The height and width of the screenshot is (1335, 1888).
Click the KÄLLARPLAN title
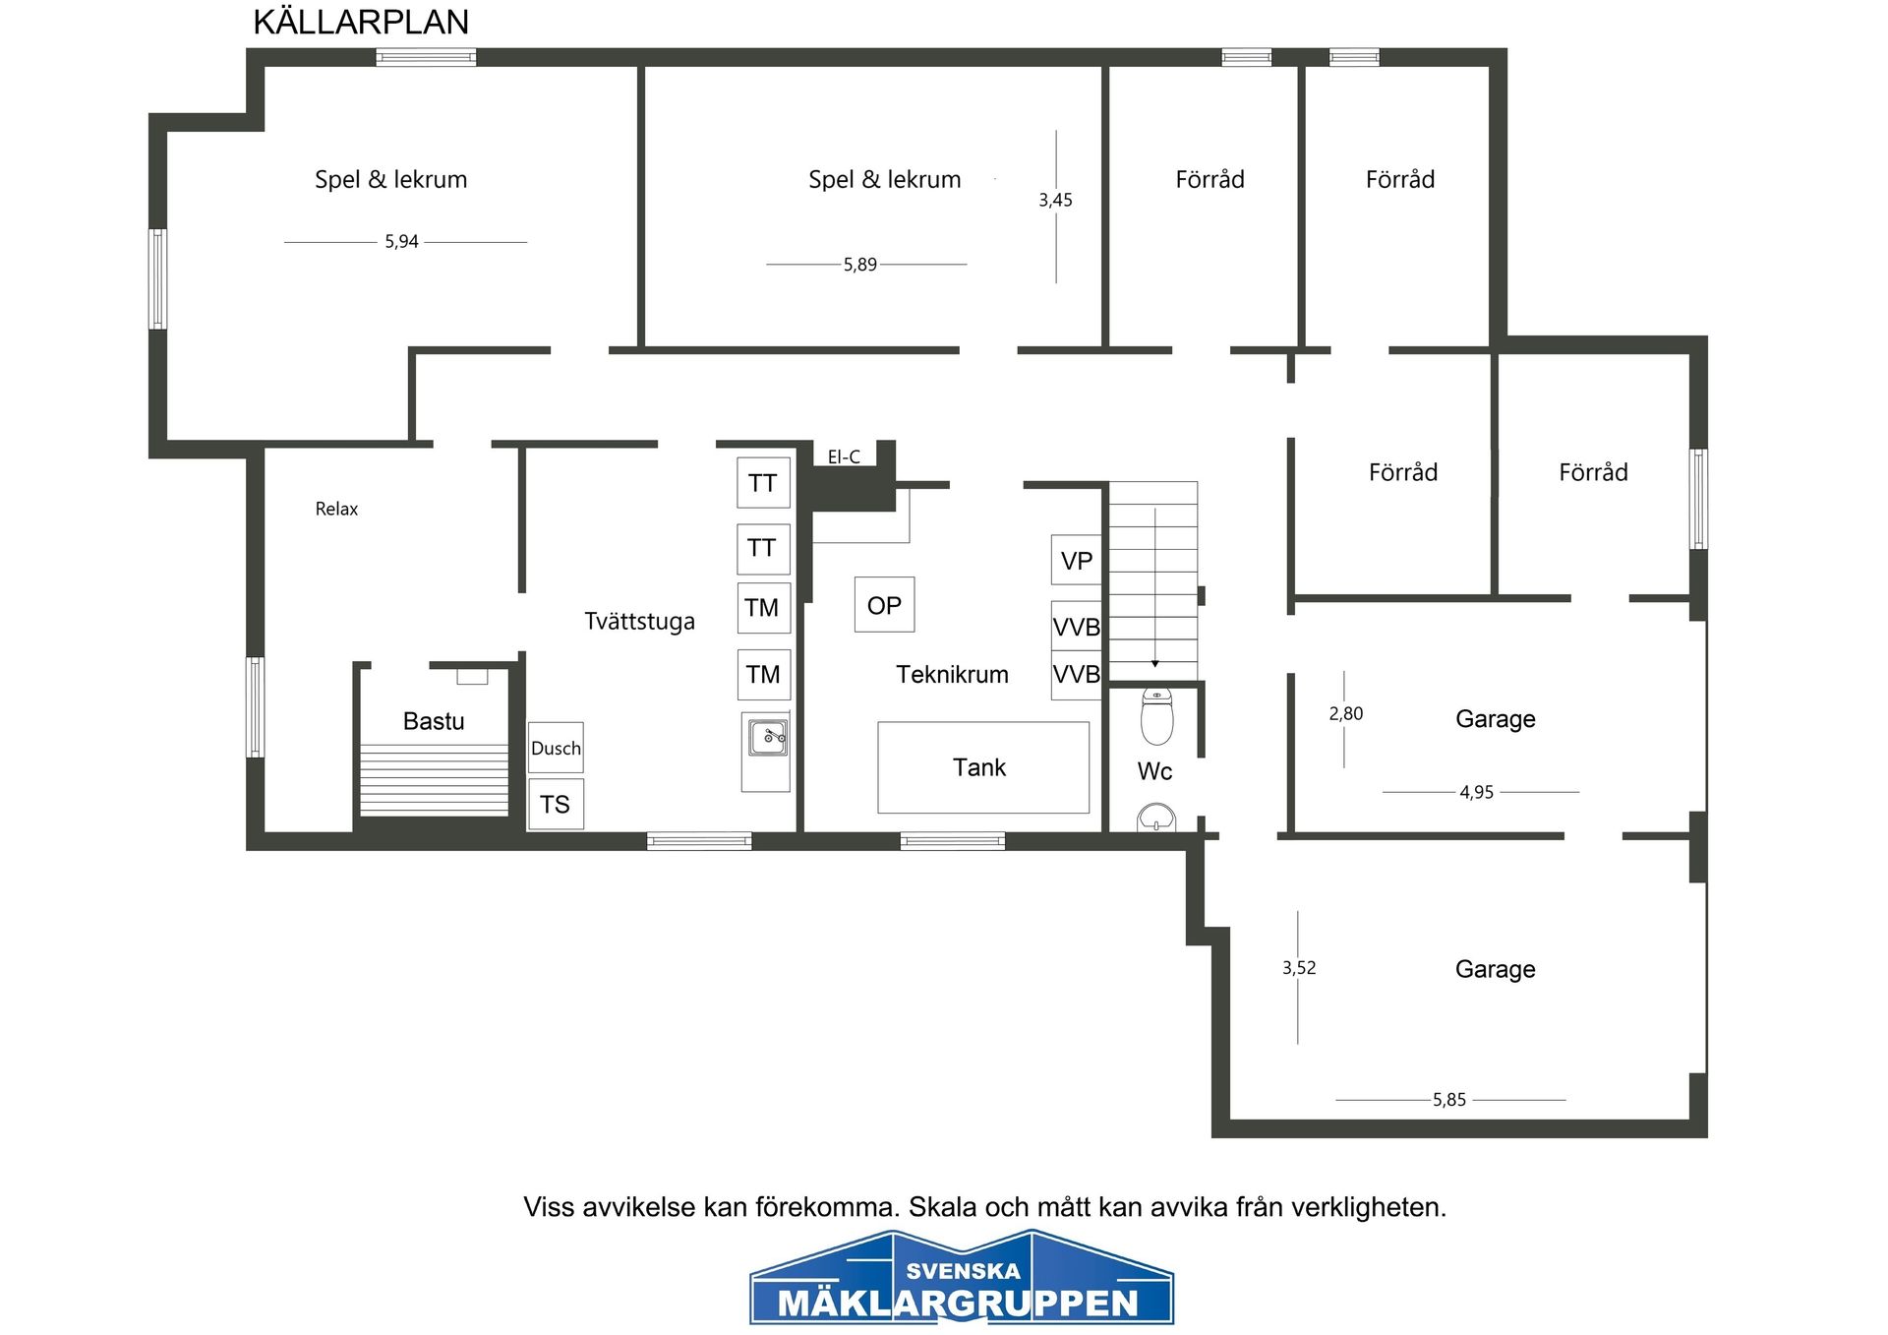click(361, 22)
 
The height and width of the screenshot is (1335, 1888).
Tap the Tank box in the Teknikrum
click(983, 767)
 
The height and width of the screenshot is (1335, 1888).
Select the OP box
click(884, 604)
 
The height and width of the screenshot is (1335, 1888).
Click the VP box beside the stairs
click(1077, 560)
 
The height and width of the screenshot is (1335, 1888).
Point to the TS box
click(556, 804)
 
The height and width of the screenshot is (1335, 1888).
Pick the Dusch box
click(556, 748)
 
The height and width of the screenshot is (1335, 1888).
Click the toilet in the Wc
click(1157, 716)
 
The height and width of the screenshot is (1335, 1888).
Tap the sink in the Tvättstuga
click(767, 738)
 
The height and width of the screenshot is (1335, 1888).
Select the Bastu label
click(434, 721)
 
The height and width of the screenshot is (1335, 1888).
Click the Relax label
click(336, 509)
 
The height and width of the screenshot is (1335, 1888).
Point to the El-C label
click(844, 456)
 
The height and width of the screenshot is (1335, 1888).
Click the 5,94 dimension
click(401, 241)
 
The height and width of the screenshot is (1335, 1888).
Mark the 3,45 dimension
click(1055, 200)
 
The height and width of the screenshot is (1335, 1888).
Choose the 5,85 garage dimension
click(1449, 1100)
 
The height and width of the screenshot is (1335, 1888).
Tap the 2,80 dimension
click(1346, 713)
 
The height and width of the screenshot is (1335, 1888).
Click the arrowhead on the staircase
click(1155, 664)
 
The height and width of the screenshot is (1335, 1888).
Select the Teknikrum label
click(952, 674)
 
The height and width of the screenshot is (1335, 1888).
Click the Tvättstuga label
click(639, 621)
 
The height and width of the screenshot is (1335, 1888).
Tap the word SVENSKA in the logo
click(964, 1271)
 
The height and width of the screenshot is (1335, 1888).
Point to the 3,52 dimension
click(1299, 968)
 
